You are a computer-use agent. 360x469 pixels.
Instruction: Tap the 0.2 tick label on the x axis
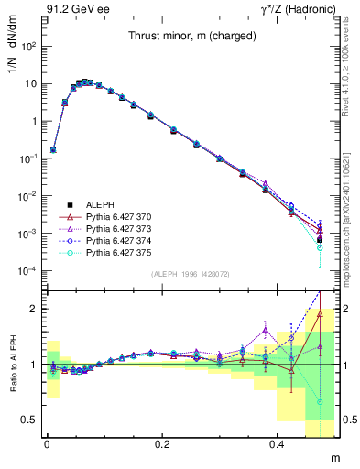[x=163, y=444]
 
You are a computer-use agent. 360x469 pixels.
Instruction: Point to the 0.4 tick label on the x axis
[x=279, y=444]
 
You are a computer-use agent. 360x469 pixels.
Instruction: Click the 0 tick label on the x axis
[x=47, y=444]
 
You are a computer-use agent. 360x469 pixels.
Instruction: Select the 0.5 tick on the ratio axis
[x=27, y=420]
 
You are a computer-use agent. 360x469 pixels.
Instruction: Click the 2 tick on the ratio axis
[x=31, y=309]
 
